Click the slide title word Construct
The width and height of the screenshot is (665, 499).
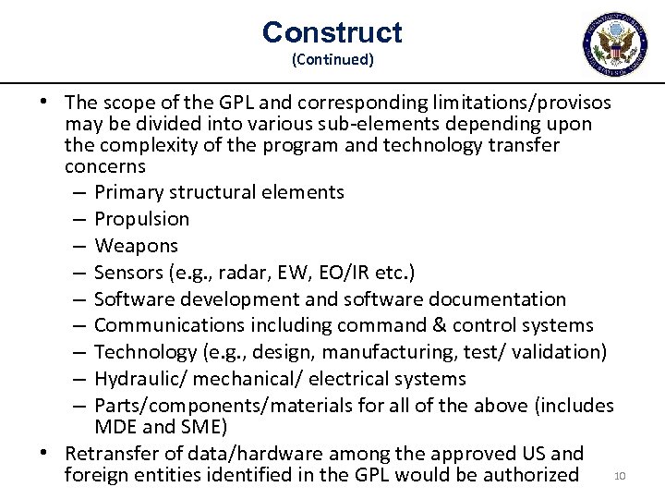click(x=332, y=33)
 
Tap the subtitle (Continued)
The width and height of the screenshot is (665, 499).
click(x=332, y=60)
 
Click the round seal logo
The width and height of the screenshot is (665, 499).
click(x=616, y=43)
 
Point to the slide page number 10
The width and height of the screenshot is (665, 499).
click(x=620, y=477)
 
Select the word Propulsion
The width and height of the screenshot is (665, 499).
click(x=141, y=219)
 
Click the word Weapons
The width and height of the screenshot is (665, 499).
click(x=136, y=246)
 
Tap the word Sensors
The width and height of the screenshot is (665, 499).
click(x=130, y=273)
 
